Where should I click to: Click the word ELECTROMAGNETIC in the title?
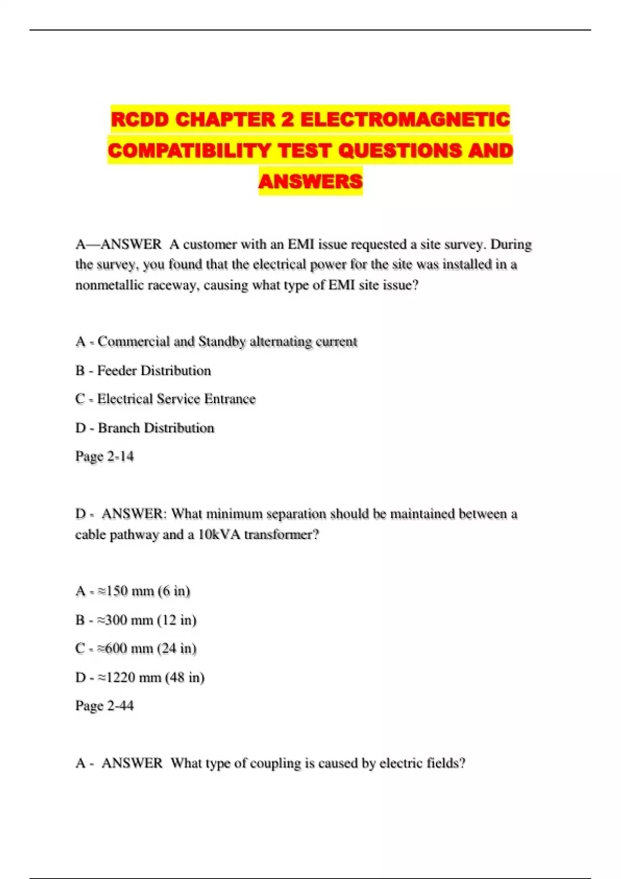[405, 119]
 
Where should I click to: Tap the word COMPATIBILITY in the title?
[189, 150]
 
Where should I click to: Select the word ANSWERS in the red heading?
[310, 181]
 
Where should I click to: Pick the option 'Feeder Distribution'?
[154, 370]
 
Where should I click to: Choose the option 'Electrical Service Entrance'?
[176, 399]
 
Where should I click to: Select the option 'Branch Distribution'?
[156, 428]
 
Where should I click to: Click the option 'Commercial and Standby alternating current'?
[227, 341]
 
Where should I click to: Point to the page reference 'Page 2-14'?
[105, 456]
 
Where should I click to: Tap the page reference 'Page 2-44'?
[105, 705]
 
